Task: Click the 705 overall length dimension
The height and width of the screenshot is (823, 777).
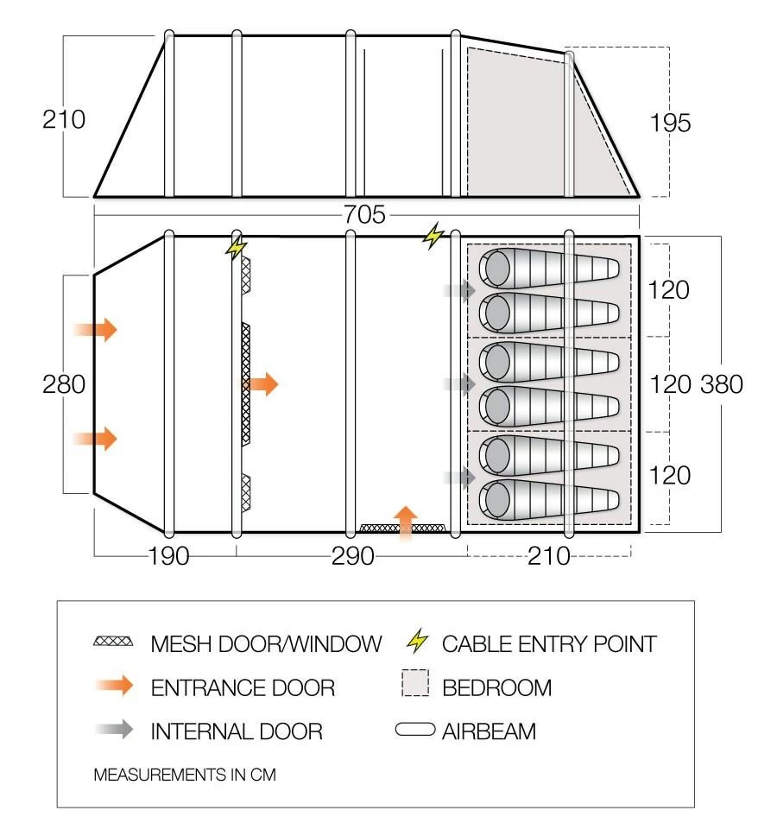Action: (364, 215)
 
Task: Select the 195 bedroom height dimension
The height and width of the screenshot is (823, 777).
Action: (671, 123)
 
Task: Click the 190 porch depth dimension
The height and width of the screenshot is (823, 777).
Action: (167, 556)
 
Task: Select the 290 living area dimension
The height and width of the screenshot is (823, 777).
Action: (352, 556)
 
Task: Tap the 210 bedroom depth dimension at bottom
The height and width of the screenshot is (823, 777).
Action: (549, 556)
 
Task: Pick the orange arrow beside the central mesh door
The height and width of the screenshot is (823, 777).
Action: (262, 383)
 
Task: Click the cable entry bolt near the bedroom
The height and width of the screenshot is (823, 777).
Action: (432, 235)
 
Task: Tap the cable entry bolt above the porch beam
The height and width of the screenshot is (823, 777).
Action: (235, 248)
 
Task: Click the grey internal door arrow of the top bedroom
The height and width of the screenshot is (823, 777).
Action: (459, 290)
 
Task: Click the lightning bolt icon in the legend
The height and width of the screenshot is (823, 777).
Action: (417, 643)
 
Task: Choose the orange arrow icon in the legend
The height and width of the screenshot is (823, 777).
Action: (113, 687)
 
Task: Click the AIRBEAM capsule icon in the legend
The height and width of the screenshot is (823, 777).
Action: (415, 731)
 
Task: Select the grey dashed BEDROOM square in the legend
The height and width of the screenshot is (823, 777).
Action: (415, 687)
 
